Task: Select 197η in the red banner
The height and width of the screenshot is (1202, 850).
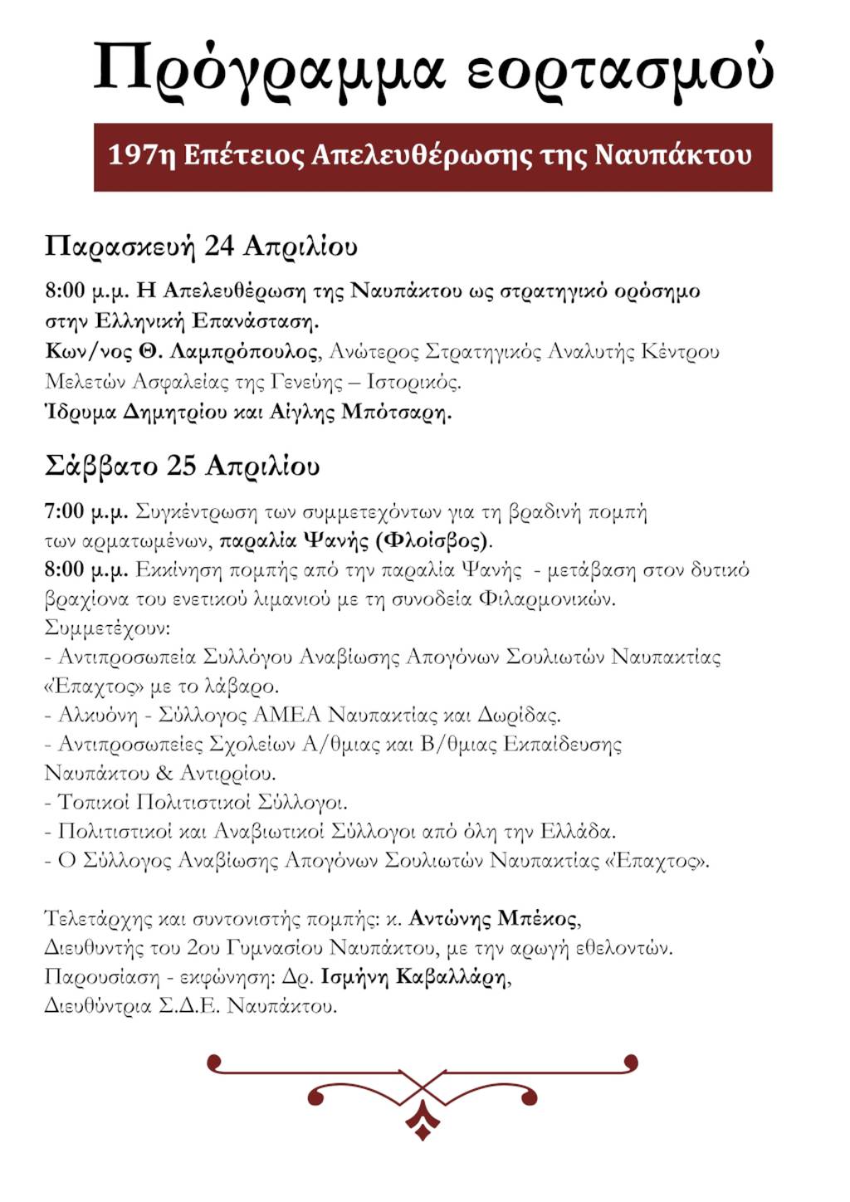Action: click(x=141, y=155)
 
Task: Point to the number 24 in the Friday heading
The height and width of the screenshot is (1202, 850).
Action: click(x=219, y=247)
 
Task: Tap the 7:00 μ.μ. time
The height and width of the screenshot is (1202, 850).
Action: click(x=86, y=511)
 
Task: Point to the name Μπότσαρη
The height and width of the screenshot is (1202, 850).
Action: click(x=395, y=412)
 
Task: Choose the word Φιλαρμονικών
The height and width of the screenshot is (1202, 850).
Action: click(x=547, y=599)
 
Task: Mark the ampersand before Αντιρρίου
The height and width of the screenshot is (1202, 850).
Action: click(x=164, y=773)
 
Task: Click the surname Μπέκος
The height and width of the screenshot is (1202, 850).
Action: click(x=536, y=919)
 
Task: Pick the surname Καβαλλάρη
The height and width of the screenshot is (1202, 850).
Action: click(x=452, y=977)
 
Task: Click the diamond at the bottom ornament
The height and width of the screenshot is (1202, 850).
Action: click(x=423, y=1128)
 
